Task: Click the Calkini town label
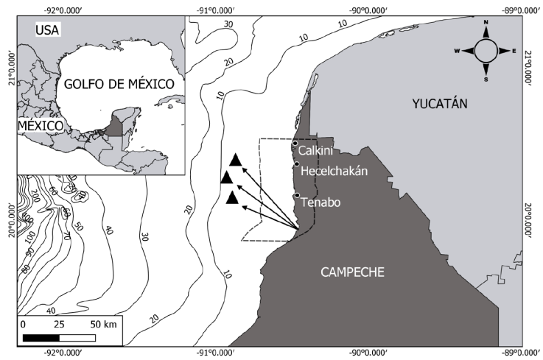pos(316,151)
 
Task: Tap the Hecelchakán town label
pos(333,171)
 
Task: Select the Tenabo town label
pos(320,202)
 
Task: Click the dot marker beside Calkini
pos(295,144)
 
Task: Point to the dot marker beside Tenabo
pos(296,196)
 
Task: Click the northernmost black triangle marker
pos(236,160)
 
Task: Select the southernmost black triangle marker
pos(233,197)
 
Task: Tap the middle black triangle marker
pos(227,178)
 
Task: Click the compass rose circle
pos(486,51)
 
